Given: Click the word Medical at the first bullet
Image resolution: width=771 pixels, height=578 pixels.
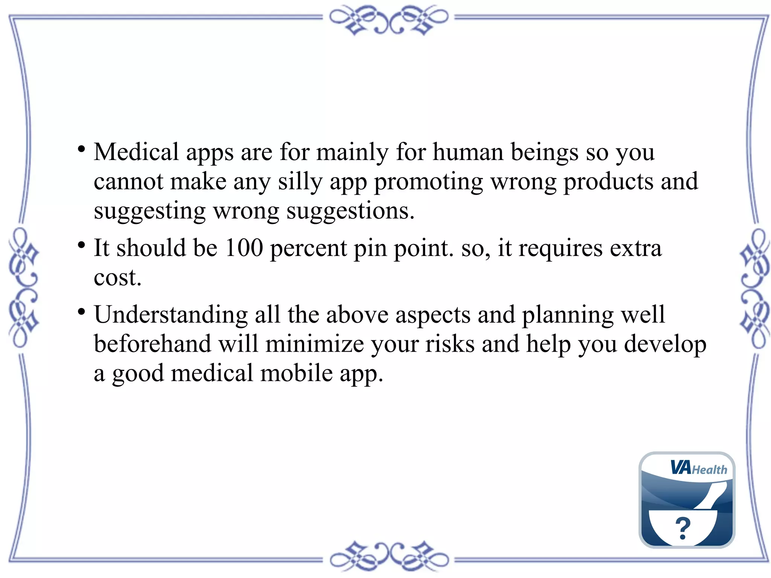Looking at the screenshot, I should (136, 152).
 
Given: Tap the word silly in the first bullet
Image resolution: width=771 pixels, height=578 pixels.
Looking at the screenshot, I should (300, 181).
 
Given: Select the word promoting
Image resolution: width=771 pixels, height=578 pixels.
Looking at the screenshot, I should (428, 182).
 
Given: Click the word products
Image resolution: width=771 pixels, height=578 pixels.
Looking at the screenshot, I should (608, 182).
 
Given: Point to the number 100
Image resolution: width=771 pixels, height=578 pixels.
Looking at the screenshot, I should (244, 248).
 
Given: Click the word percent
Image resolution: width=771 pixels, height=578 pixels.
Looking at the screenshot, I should (308, 249).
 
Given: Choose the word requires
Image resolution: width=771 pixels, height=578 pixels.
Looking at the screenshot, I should (561, 249).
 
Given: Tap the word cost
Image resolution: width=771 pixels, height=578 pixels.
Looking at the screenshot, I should (117, 278).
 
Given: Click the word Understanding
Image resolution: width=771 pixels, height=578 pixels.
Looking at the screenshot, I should (171, 315).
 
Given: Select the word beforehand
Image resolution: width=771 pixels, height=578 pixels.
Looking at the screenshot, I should (152, 344).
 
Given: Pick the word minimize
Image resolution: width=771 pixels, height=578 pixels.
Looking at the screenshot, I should (314, 344).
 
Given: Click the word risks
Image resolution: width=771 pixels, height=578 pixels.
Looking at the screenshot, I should (450, 344).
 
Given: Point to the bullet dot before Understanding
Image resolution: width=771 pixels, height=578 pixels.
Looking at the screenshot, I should (81, 312).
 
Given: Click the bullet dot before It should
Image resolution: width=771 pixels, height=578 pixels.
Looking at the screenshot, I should (81, 245).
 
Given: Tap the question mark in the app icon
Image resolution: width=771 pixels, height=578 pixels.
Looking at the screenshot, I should (683, 528).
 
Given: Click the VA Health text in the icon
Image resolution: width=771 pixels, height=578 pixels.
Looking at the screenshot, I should (699, 468).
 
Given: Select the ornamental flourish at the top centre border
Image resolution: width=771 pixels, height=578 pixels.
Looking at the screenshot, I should (389, 20).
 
